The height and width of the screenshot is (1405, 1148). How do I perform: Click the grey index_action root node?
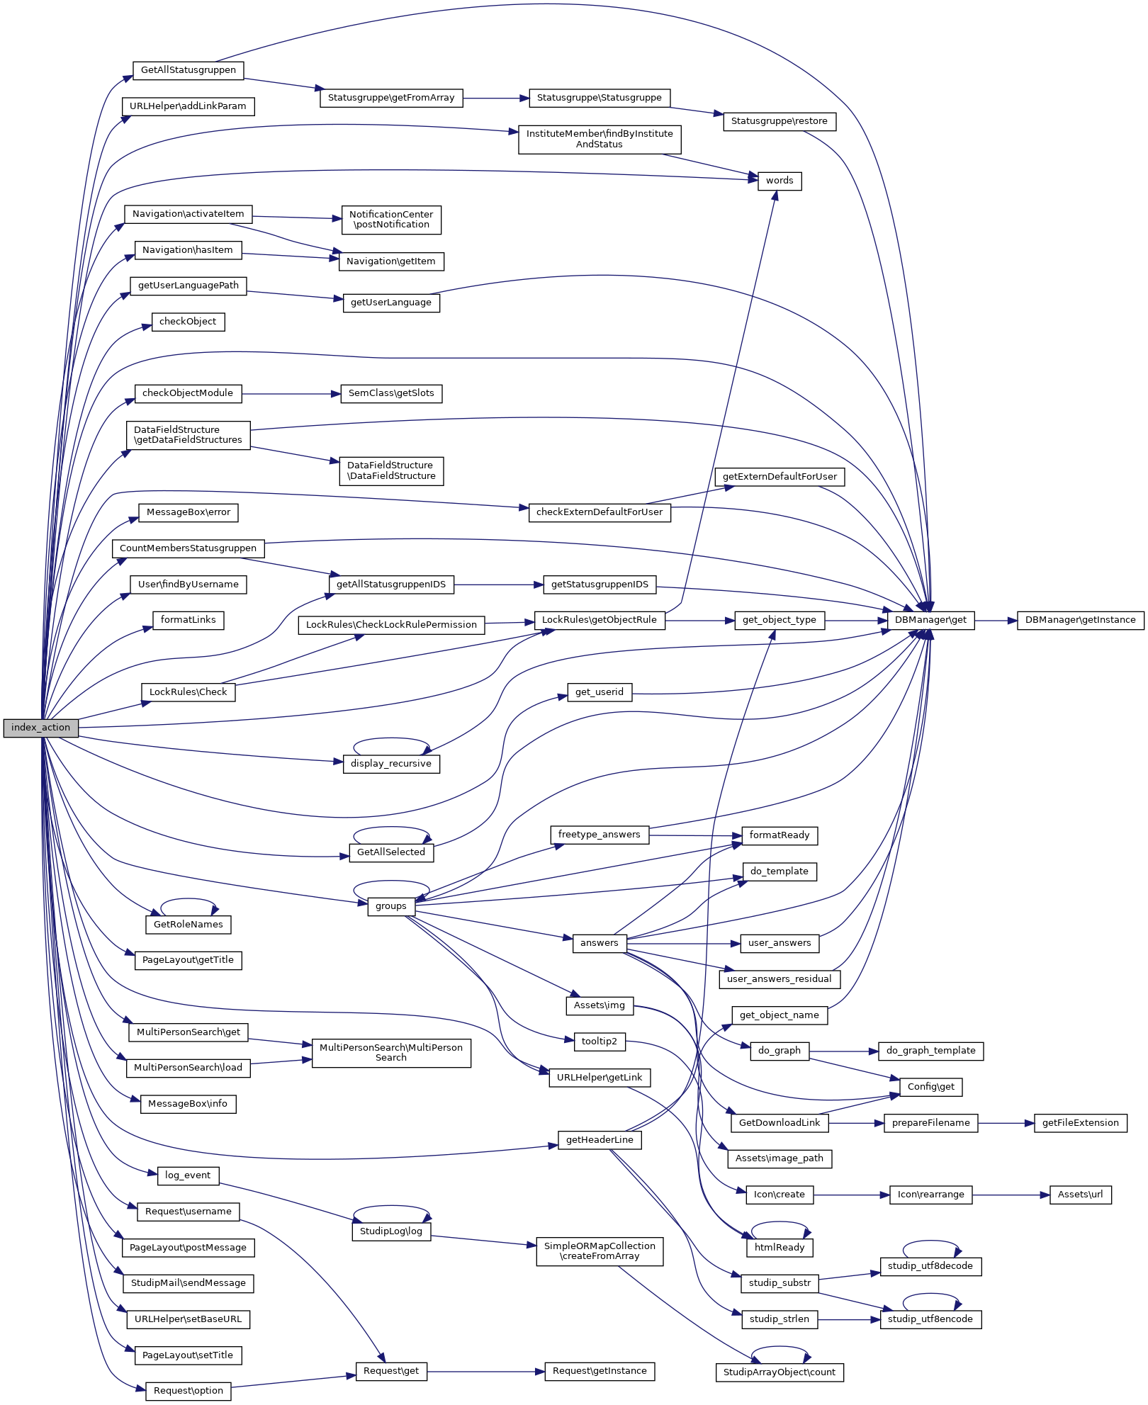(40, 728)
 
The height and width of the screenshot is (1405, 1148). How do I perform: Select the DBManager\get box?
(930, 620)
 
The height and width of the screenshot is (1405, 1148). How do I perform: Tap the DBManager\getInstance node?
(1080, 620)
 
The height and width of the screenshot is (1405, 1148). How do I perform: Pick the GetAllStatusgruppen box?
(188, 70)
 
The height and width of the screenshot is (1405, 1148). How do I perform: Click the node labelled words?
(780, 181)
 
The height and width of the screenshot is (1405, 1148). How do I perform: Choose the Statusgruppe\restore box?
(779, 121)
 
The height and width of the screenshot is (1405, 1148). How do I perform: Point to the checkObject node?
(188, 322)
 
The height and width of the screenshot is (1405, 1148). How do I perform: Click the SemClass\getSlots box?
(391, 393)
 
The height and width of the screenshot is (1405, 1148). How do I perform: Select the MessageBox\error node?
(188, 512)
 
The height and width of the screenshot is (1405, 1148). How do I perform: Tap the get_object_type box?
(779, 620)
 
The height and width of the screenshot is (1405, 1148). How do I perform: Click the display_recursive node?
(391, 764)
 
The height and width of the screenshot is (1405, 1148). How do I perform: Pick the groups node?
(391, 906)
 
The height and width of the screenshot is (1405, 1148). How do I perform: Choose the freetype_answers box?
(599, 835)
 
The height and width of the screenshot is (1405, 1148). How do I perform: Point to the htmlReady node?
(780, 1248)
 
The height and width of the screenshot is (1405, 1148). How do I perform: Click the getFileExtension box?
(1080, 1123)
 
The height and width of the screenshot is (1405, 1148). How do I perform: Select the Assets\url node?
(1080, 1195)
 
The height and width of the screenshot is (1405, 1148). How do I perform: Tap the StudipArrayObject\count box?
(779, 1372)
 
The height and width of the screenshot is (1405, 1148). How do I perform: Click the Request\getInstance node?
(600, 1371)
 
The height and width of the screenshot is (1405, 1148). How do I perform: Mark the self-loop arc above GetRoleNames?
(188, 899)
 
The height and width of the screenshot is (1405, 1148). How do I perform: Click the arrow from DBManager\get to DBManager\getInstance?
(996, 620)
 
